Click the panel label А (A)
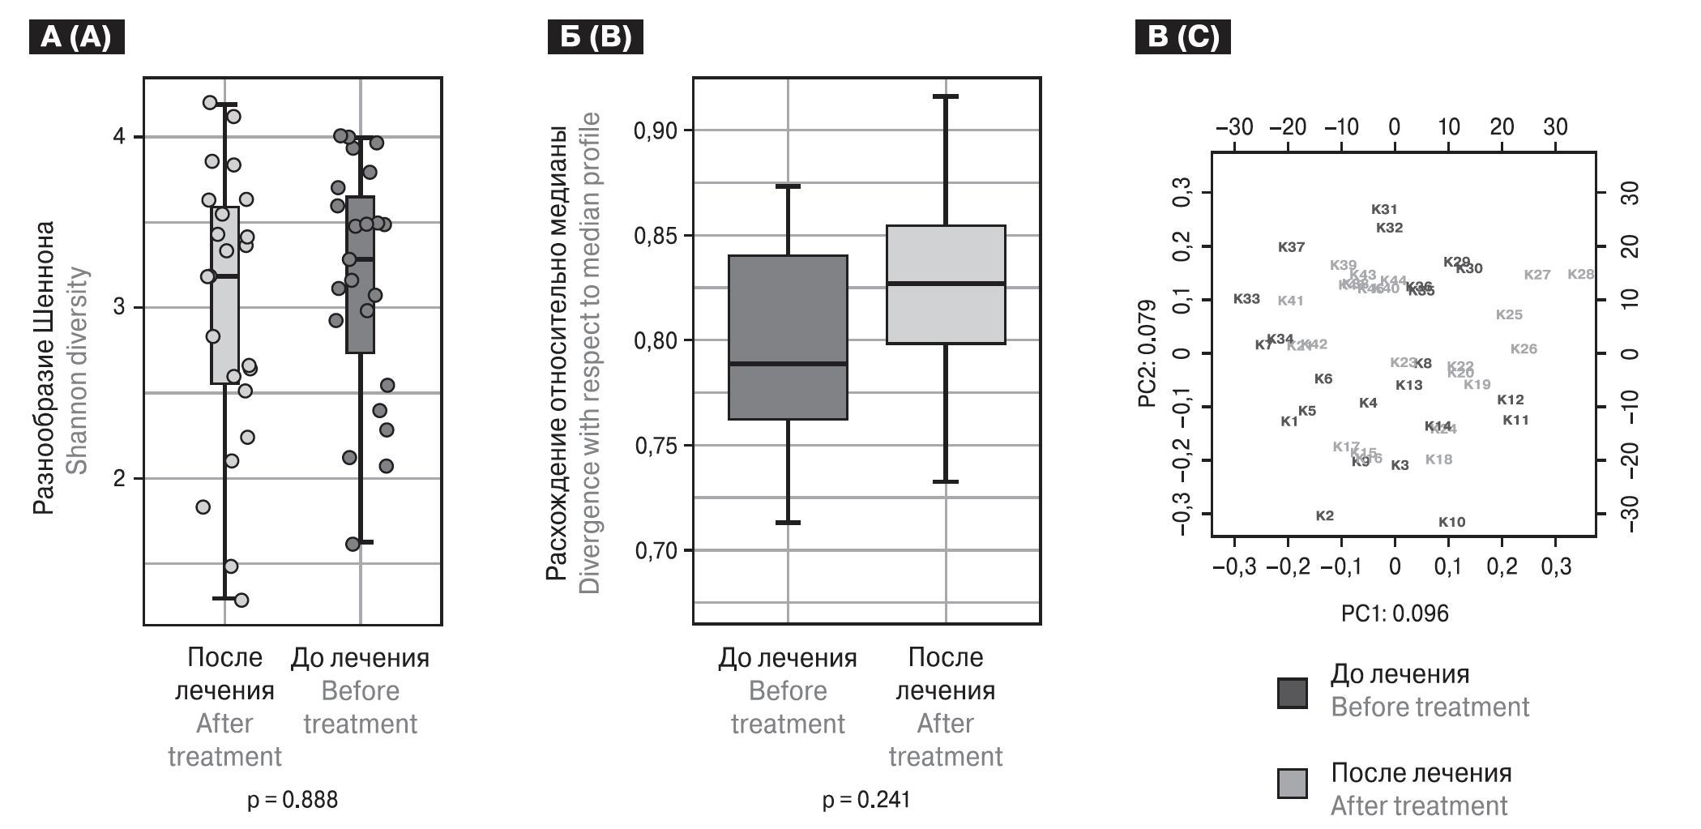coord(76,37)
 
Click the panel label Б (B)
coord(596,37)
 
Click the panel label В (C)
coord(1183,37)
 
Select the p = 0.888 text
coord(293,800)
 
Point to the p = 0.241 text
coord(866,800)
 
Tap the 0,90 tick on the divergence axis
coord(660,130)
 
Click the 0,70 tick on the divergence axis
coord(660,551)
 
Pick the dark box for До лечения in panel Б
coord(788,337)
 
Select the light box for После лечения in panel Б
coord(946,284)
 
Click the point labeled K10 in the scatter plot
coord(1451,523)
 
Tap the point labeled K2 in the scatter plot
coord(1324,516)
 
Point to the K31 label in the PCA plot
coord(1384,210)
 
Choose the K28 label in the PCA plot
coord(1580,275)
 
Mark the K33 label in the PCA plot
coord(1246,299)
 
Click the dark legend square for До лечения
coord(1293,693)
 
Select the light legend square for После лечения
coord(1293,783)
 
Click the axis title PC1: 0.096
coord(1395,613)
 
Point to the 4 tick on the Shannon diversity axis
coord(119,137)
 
